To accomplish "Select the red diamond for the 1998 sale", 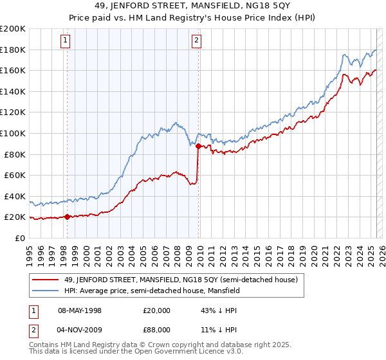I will [67, 217].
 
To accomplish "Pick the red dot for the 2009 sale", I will [198, 147].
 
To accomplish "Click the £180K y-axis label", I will [13, 50].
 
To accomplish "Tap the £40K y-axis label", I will [15, 196].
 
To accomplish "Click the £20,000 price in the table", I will [152, 310].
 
